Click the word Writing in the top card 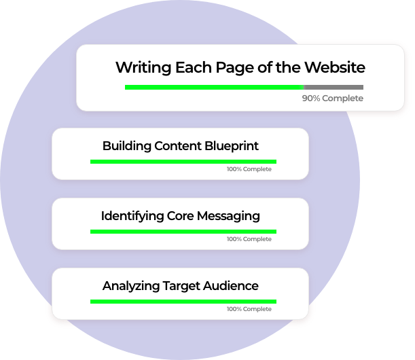point(141,68)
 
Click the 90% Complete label point(332,98)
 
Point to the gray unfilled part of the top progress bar point(333,87)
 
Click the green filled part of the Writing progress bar point(214,87)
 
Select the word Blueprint point(232,146)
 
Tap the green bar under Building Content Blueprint point(183,161)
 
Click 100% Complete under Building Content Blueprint point(249,169)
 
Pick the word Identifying point(132,217)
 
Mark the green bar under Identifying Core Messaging point(183,232)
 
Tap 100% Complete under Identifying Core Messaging point(249,239)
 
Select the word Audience point(231,286)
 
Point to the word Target point(181,286)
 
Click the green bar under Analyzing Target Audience point(183,301)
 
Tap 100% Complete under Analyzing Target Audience point(249,309)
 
